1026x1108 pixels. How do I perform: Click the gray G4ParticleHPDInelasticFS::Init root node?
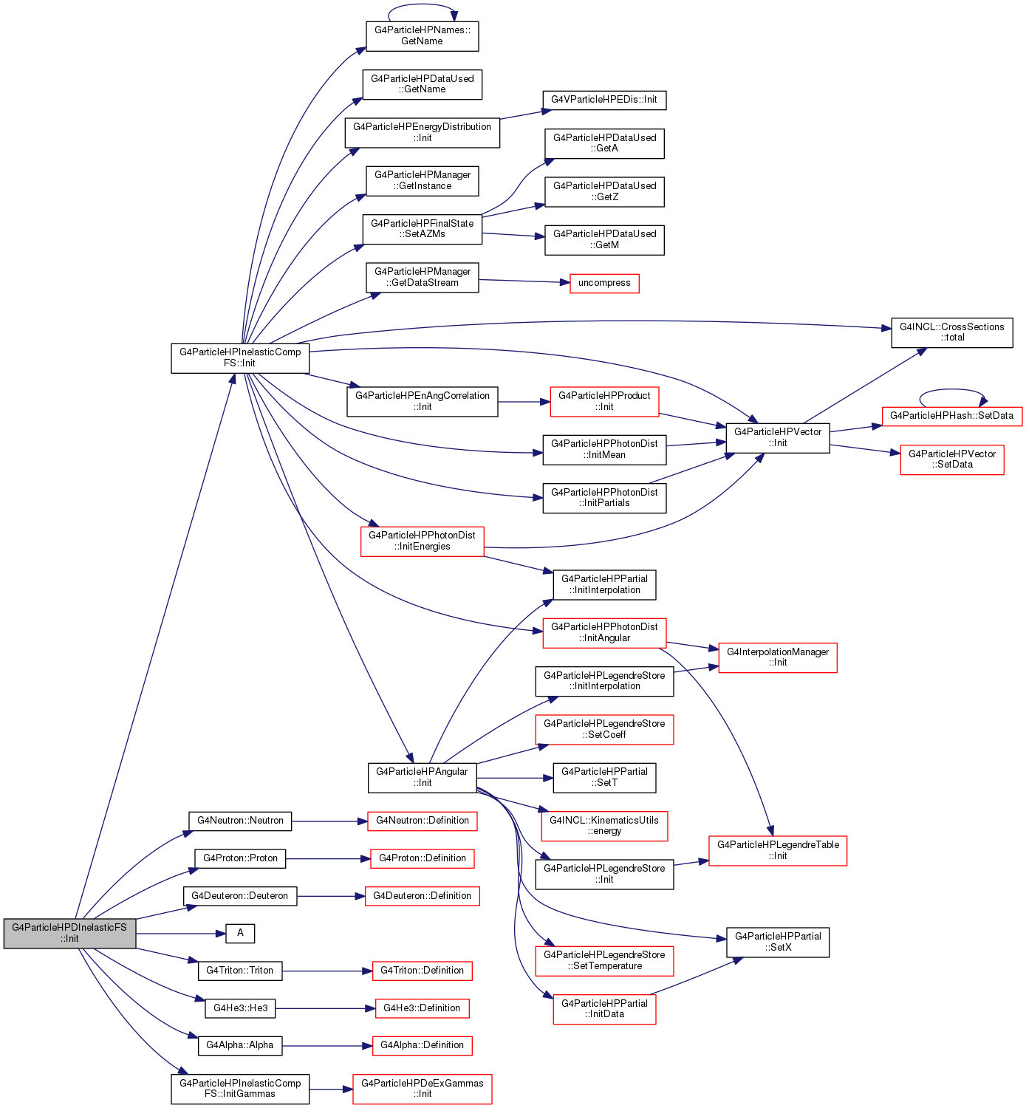point(69,933)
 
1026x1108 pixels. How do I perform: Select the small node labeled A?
point(240,934)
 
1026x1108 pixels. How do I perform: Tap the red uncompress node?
point(604,284)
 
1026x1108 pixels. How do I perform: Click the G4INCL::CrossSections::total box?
point(952,332)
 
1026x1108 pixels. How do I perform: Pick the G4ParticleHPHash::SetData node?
point(952,416)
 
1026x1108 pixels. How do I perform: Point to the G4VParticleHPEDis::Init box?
point(604,100)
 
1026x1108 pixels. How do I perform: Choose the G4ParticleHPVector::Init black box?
point(778,438)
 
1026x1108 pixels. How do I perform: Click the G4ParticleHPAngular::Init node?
point(423,778)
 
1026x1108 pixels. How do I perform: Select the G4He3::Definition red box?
point(422,1008)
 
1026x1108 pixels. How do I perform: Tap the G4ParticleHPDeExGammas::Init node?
point(423,1089)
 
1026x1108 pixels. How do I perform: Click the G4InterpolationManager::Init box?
point(778,657)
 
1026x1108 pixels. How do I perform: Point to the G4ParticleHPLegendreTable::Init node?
point(778,851)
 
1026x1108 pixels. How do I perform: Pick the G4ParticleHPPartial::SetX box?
point(778,943)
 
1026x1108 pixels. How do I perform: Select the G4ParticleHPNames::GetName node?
point(423,36)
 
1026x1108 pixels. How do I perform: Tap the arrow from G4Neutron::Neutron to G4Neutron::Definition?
point(329,821)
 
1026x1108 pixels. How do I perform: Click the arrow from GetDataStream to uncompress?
point(524,281)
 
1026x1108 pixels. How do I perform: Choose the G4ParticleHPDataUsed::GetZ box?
point(604,192)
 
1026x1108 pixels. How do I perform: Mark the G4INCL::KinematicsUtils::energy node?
point(604,826)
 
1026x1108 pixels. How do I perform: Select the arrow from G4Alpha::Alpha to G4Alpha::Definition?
point(327,1046)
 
